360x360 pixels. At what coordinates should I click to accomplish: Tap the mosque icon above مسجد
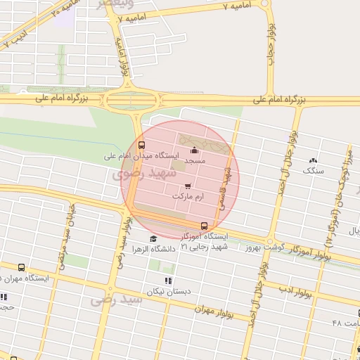click(x=195, y=150)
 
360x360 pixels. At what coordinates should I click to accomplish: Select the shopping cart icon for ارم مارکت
click(x=187, y=186)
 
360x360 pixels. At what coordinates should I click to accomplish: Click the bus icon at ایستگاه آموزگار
click(x=204, y=226)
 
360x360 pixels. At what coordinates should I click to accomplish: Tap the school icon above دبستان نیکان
click(x=167, y=281)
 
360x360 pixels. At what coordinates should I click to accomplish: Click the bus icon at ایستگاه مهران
click(x=21, y=268)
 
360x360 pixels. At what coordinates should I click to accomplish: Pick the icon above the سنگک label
click(x=313, y=160)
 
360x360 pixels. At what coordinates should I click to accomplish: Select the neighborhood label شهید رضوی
click(x=136, y=172)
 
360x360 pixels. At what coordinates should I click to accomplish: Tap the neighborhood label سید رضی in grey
click(x=116, y=300)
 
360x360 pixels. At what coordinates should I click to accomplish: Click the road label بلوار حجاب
click(x=271, y=42)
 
